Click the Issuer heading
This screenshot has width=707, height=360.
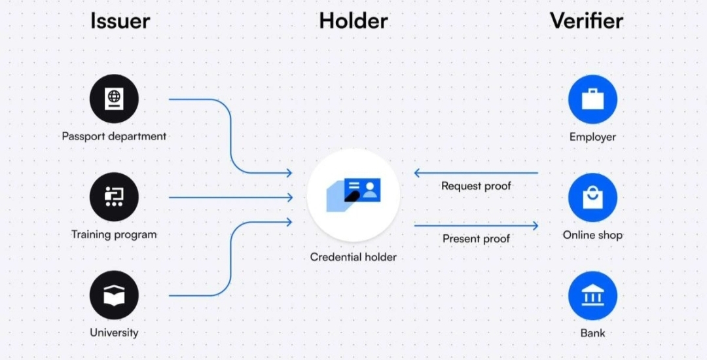[120, 21]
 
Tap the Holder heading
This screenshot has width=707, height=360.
[353, 21]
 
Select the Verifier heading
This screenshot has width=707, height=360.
[586, 21]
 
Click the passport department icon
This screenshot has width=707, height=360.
[114, 99]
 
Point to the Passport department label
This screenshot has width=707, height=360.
[114, 137]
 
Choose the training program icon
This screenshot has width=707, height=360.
[114, 197]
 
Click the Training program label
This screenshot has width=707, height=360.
[114, 234]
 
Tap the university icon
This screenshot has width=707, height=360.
[114, 296]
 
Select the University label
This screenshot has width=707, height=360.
[114, 333]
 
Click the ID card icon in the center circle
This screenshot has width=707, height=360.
[353, 194]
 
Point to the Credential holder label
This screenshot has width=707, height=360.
[353, 257]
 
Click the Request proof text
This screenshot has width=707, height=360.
[476, 186]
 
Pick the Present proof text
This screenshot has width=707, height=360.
[476, 239]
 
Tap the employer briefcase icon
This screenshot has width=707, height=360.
[592, 99]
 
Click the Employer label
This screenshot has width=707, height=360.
[592, 137]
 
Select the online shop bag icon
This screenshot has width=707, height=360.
[592, 197]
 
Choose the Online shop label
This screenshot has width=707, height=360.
[592, 235]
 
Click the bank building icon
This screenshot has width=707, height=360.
[592, 296]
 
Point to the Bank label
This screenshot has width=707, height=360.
[592, 333]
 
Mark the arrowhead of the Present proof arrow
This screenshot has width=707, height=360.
[535, 226]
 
